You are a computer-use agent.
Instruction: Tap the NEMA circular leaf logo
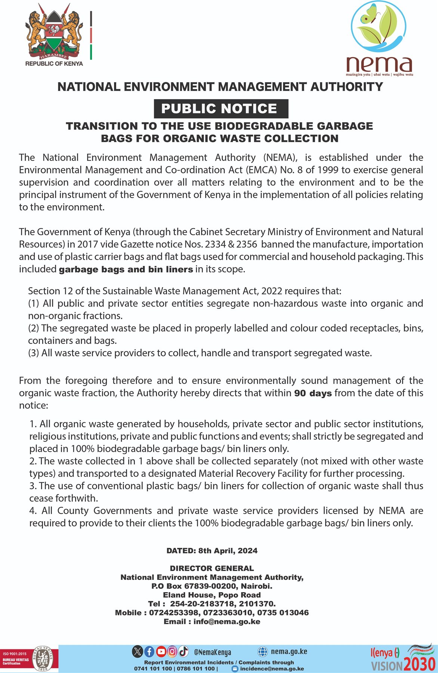tap(378, 27)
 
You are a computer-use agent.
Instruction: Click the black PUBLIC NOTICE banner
tap(221, 108)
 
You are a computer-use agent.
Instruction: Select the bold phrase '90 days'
tap(313, 393)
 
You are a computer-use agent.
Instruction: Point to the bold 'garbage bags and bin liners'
tap(126, 269)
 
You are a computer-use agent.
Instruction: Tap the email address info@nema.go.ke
tap(227, 621)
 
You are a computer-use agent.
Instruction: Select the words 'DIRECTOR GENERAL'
tap(212, 568)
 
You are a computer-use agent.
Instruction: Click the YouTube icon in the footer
tap(161, 652)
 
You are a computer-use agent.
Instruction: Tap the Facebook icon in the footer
tap(149, 652)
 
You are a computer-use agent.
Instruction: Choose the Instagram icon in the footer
tap(172, 652)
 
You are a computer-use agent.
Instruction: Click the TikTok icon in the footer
tap(183, 652)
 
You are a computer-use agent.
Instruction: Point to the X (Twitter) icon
tap(138, 652)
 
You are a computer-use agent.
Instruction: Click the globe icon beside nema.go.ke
tap(263, 652)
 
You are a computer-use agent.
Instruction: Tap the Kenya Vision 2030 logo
tap(403, 658)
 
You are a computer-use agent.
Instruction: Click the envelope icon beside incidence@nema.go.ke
tap(235, 669)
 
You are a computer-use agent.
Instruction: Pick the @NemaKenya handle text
tap(212, 652)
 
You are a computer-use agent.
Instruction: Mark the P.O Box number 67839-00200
tap(197, 586)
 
